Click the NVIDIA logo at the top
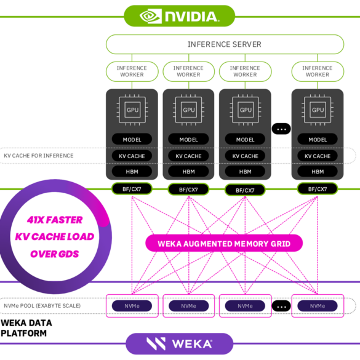179,16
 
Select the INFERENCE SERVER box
225,44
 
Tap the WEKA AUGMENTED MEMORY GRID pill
224,243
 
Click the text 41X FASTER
55,220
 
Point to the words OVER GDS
55,254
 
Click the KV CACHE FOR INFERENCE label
39,156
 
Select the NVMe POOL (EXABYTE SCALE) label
42,306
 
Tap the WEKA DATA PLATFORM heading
26,328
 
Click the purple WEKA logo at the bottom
179,344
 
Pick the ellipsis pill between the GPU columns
281,129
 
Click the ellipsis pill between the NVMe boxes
281,306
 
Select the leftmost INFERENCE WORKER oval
132,71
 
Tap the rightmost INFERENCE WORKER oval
318,71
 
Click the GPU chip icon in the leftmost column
132,110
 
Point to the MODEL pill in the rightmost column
318,139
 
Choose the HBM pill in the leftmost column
132,172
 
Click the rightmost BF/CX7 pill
318,189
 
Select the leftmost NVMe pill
132,306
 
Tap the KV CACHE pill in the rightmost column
318,156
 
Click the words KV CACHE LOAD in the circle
55,237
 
